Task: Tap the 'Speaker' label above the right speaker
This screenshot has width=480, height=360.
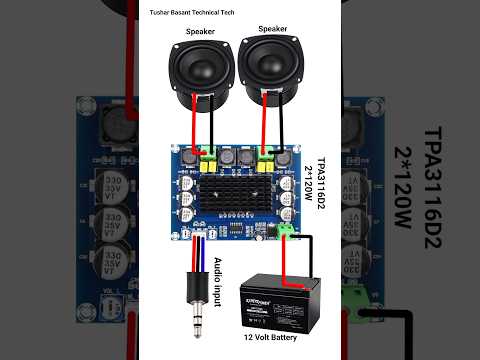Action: click(x=273, y=29)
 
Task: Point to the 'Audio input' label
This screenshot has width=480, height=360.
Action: click(x=219, y=281)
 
